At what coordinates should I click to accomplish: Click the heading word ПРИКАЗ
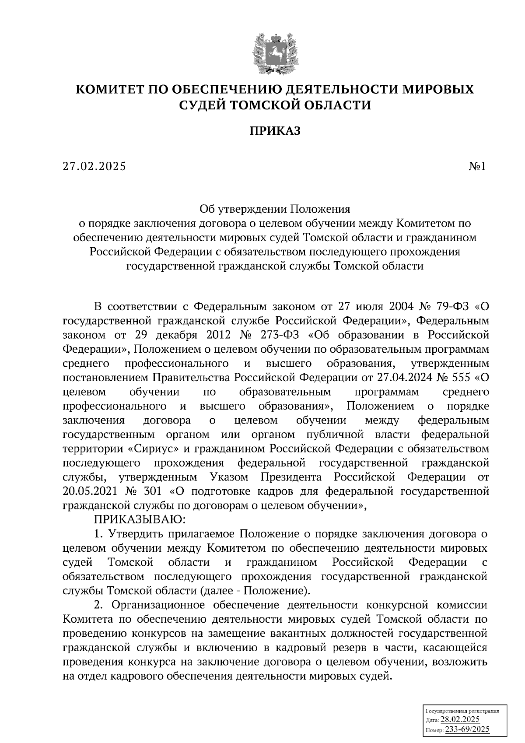tap(275, 130)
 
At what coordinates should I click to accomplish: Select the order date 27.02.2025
tap(94, 166)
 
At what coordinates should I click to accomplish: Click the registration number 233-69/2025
tap(467, 729)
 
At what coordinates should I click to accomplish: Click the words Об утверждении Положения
tap(275, 209)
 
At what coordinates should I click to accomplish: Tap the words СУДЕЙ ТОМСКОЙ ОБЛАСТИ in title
tap(275, 105)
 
